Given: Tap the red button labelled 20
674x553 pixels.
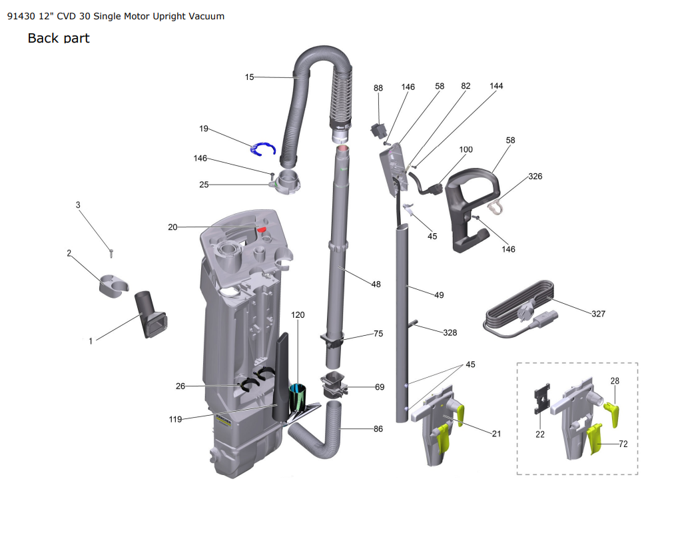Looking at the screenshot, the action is [262, 230].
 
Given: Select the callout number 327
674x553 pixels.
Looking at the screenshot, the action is [598, 314].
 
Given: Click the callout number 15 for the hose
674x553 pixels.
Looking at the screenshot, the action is [249, 77].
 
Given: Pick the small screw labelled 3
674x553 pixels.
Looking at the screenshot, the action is [111, 253].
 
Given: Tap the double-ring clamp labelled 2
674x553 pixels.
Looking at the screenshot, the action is [114, 284].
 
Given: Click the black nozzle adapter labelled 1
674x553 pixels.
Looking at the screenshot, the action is [151, 314].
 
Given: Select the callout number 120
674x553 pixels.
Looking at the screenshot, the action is [298, 314].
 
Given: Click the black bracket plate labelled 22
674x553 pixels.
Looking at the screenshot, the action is [542, 398].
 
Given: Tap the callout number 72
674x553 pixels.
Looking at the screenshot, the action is [623, 444].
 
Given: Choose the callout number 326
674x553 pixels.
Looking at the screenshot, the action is [535, 177].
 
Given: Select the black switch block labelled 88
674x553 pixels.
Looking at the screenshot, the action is [378, 131].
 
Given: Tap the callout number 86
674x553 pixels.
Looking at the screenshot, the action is [378, 428].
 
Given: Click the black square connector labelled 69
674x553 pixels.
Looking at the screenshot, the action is [334, 385].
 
